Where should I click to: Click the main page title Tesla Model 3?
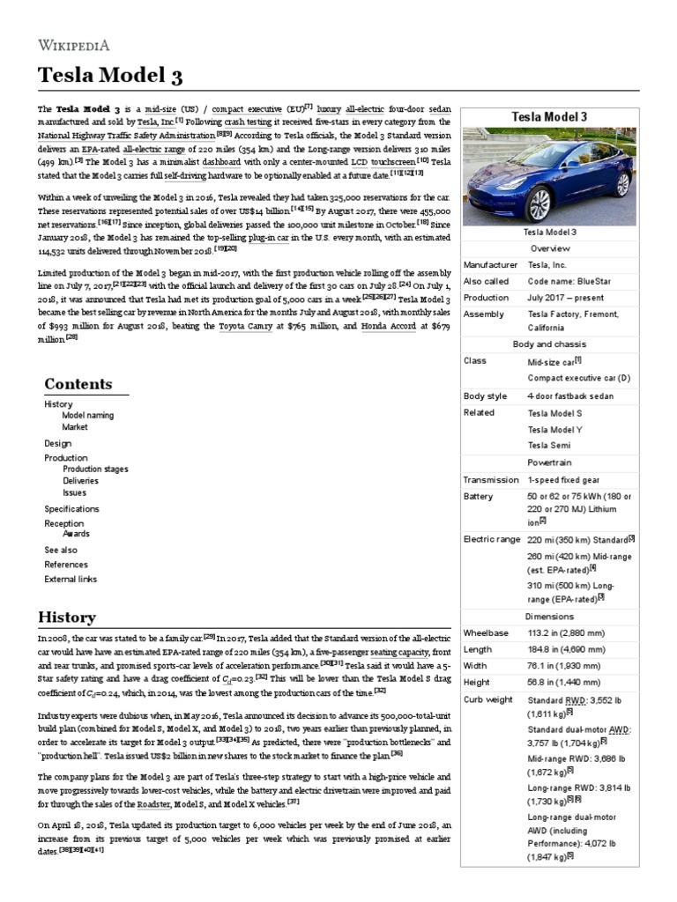pos(110,77)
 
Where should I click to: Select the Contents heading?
pos(78,383)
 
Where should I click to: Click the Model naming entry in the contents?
pos(87,415)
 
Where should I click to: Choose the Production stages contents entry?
pos(95,469)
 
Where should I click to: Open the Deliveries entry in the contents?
pos(81,481)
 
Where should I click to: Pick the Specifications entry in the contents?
pos(71,509)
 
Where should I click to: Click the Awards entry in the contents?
pos(76,534)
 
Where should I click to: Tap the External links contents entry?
pos(71,579)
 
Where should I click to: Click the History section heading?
pos(66,617)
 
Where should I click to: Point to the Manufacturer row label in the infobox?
pos(492,264)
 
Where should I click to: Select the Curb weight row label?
pos(487,699)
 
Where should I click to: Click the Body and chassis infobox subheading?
pos(549,344)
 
